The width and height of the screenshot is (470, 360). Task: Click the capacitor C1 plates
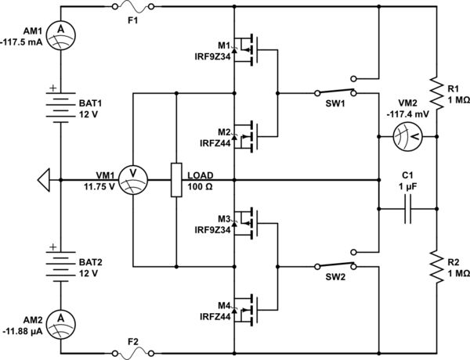pos(407,210)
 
